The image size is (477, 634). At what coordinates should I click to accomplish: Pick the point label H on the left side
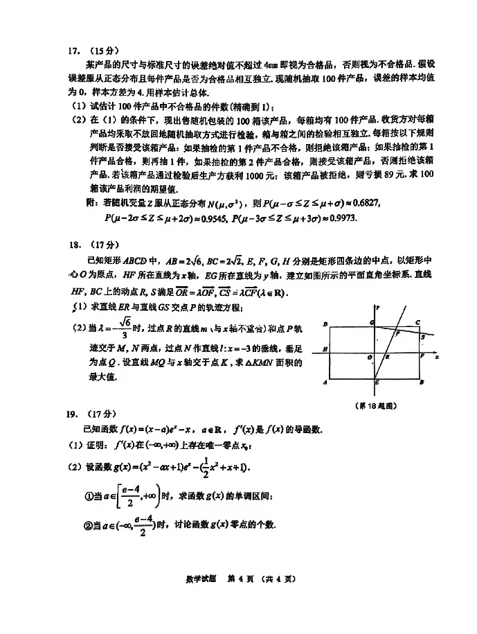[324, 352]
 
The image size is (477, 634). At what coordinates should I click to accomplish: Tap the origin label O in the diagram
[370, 358]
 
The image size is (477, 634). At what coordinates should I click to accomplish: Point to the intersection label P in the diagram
[397, 333]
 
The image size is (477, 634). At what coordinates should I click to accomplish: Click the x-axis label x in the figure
[437, 357]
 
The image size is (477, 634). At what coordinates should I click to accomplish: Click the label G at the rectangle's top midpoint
[371, 323]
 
